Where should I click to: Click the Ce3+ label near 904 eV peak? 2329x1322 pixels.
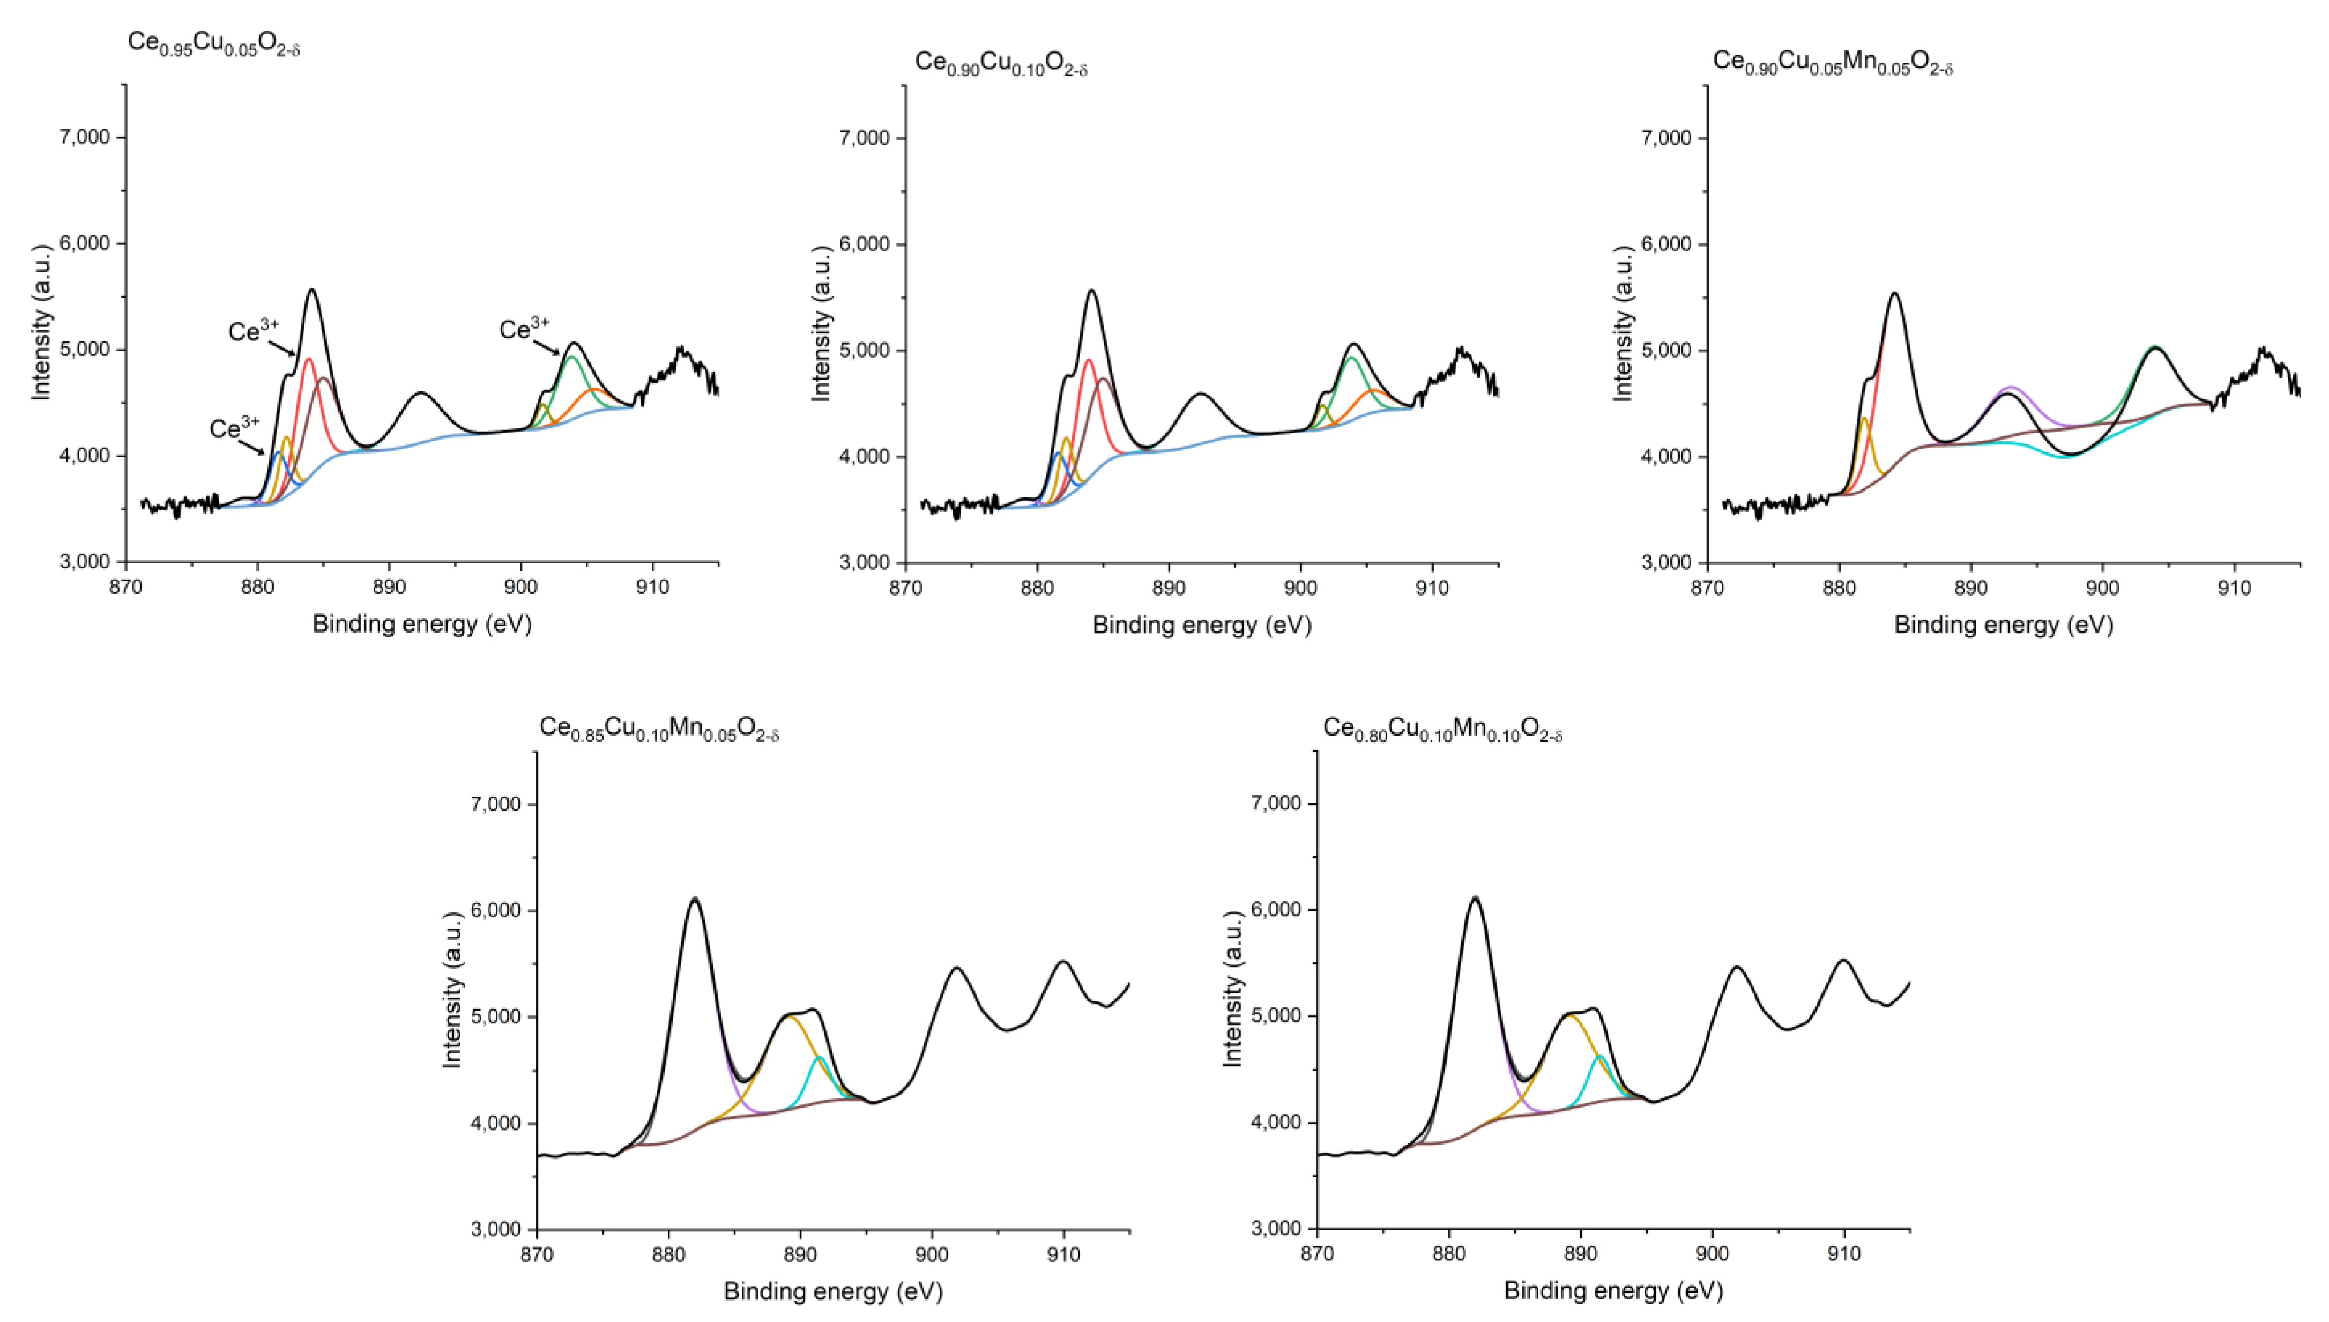tap(524, 329)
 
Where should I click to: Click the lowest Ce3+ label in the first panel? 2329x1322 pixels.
tap(234, 428)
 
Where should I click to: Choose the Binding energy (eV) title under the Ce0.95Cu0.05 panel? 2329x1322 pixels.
tap(421, 624)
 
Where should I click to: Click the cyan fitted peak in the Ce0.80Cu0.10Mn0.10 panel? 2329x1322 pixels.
tap(1599, 1058)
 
